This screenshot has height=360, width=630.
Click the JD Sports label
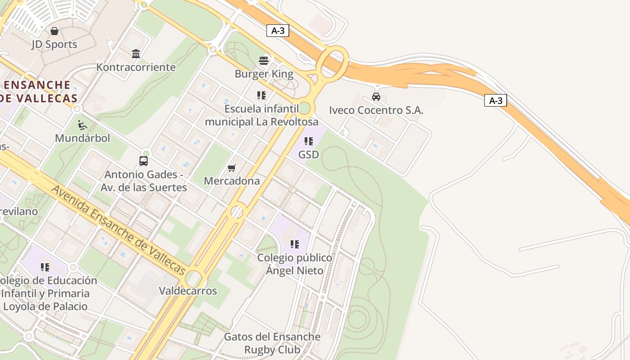(x=54, y=44)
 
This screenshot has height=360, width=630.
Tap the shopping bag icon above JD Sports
(x=54, y=31)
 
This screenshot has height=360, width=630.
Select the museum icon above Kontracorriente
(x=136, y=54)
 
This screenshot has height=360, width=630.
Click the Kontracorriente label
(x=136, y=67)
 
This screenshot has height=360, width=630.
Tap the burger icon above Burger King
(x=264, y=61)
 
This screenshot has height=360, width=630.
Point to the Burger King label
(x=264, y=74)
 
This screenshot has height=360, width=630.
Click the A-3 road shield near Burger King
(x=278, y=31)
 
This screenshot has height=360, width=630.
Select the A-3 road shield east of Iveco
(x=495, y=100)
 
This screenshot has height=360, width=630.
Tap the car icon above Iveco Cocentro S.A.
(x=376, y=96)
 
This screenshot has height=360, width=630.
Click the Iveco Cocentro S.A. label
(x=376, y=110)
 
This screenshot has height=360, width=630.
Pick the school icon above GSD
(x=309, y=141)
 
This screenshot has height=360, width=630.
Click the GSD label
(x=309, y=155)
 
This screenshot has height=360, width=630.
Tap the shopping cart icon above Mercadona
(x=232, y=168)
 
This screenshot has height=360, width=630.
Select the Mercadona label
(x=232, y=181)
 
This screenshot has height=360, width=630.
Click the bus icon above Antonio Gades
(x=144, y=161)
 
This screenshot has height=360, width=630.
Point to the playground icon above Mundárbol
(x=82, y=125)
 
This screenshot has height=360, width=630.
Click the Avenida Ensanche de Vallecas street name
(x=118, y=230)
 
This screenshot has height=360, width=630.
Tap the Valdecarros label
(x=188, y=291)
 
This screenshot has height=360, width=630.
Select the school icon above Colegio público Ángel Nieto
(x=295, y=244)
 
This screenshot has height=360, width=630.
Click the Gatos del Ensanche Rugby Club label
(x=272, y=343)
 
